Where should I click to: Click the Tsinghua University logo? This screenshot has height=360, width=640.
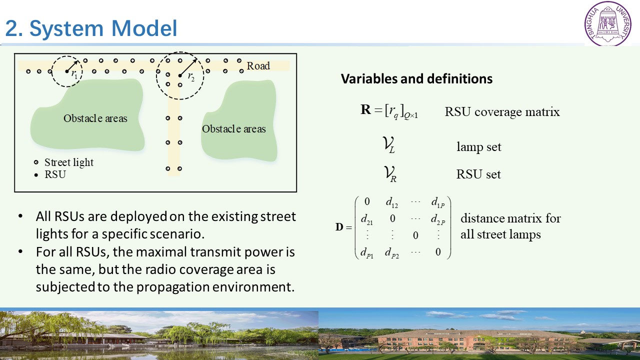pos(607,23)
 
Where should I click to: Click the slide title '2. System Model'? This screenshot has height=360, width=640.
pos(91,28)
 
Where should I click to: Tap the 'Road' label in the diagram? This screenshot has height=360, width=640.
pos(258,65)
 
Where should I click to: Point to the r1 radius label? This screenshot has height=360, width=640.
pos(74,74)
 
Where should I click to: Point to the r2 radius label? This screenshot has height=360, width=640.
pos(191,76)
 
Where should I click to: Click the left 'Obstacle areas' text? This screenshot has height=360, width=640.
pos(95,118)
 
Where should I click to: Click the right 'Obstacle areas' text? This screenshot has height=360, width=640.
pos(233,129)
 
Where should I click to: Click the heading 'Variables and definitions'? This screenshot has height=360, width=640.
pos(416,78)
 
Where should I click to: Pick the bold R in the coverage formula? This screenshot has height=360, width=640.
pos(365,109)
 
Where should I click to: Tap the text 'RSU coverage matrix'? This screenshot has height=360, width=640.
pos(502,111)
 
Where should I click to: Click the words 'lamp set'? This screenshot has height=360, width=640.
pos(479,147)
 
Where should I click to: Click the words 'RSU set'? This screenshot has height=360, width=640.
pos(478,174)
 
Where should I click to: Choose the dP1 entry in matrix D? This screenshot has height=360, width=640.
pos(367,252)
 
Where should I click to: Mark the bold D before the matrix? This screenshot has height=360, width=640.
pos(339,227)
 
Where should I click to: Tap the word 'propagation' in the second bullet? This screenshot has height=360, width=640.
pos(173,287)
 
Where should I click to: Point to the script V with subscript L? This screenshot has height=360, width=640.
pos(389,145)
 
